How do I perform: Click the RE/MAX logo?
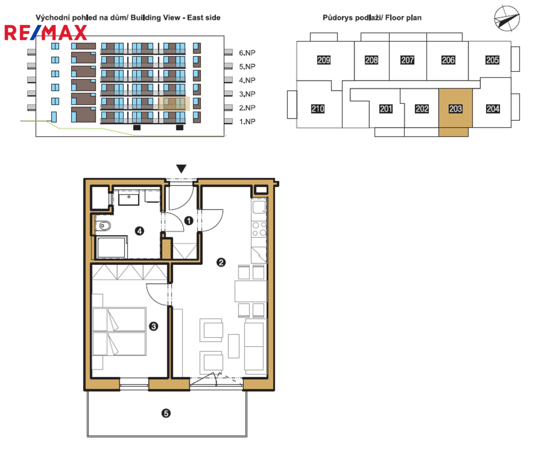[46, 33]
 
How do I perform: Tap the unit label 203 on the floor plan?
[455, 109]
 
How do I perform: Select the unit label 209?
[324, 60]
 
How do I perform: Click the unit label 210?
[318, 109]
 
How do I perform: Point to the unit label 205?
[492, 60]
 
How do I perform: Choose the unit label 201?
[386, 109]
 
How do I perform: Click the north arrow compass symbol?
[507, 19]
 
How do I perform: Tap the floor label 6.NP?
[247, 53]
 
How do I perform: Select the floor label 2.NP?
[247, 108]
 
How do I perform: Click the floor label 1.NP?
[247, 122]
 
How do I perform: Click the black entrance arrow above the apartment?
[181, 169]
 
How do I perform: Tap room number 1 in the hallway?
[189, 221]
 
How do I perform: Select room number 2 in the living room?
[221, 262]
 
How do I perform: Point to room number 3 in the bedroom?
[154, 326]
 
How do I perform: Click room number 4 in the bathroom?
[140, 231]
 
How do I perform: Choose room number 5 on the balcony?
[166, 413]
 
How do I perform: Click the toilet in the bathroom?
[104, 226]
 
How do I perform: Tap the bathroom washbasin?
[129, 198]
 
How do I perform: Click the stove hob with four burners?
[259, 229]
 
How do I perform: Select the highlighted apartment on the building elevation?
[174, 104]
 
